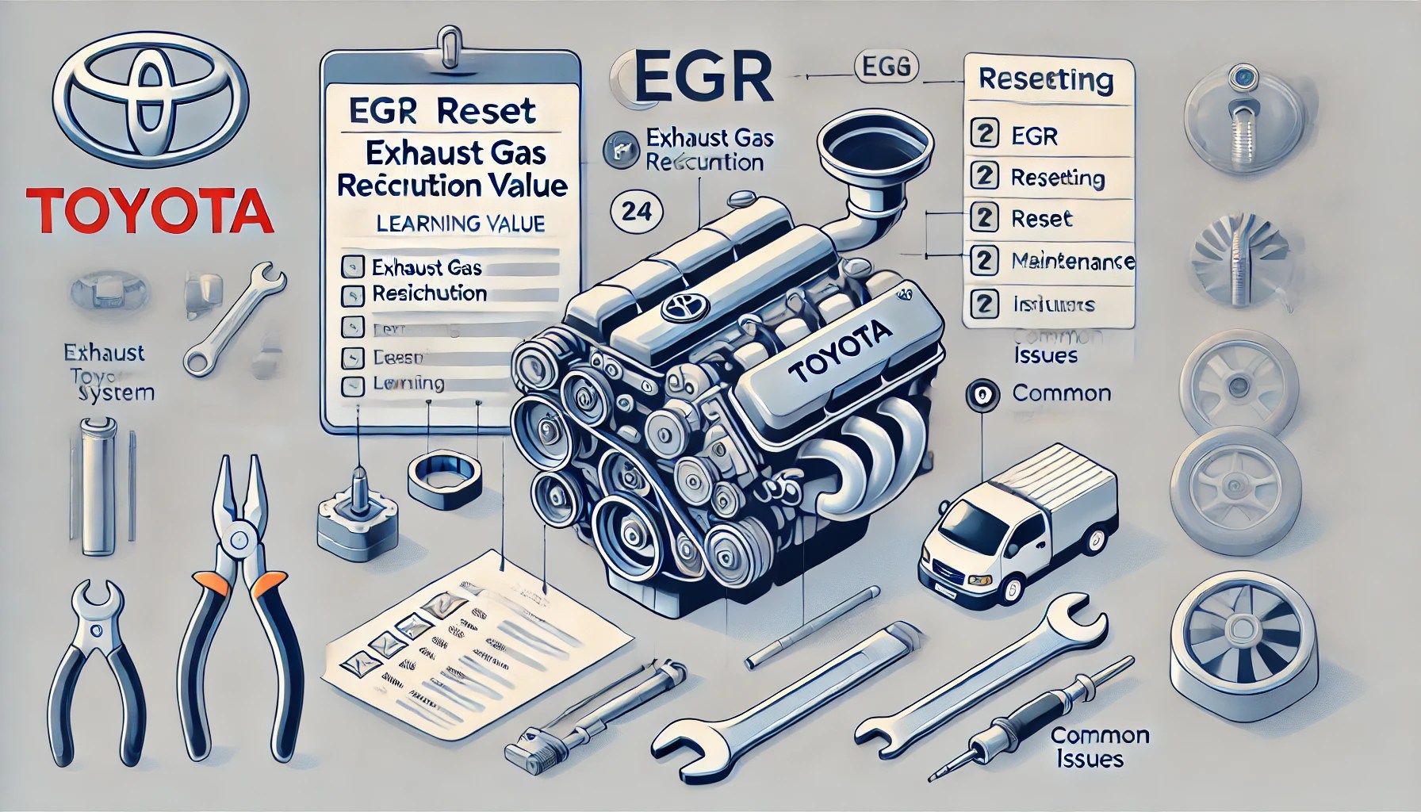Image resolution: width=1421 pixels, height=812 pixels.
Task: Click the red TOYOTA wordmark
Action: pos(150,210)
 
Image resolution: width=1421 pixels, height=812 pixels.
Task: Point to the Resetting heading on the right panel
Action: pos(1046,79)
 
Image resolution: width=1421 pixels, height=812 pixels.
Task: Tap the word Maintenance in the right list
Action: pos(1073,260)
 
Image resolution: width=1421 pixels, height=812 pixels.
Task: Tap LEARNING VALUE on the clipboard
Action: pos(461,224)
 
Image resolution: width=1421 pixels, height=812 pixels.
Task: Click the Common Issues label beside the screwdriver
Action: pos(1099,747)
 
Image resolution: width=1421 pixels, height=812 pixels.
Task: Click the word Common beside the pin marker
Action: pos(1062,393)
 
